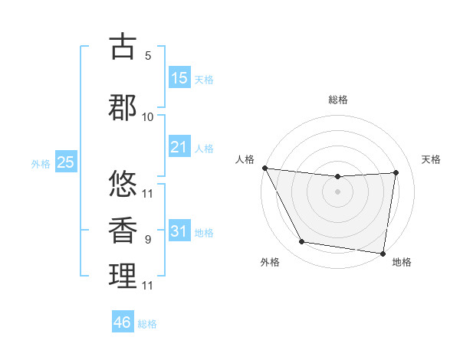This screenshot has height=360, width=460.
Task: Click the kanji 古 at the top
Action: [123, 47]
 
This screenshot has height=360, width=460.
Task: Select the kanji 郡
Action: [123, 106]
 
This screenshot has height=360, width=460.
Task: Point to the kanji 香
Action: [123, 230]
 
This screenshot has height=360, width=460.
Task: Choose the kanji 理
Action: [123, 276]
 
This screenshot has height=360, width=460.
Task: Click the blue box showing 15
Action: [179, 78]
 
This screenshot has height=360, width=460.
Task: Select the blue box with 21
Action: [179, 146]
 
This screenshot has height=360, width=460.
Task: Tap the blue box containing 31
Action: [179, 231]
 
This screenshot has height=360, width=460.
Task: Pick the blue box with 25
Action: [66, 162]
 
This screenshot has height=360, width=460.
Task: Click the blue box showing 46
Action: [123, 322]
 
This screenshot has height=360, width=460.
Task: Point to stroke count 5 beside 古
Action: [148, 56]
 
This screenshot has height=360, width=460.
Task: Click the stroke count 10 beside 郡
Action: [148, 116]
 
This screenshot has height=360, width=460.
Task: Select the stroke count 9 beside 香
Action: [148, 240]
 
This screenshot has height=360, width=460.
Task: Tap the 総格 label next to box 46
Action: [147, 324]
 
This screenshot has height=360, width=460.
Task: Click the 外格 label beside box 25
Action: [41, 164]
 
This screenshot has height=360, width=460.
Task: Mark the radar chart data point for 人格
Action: [264, 168]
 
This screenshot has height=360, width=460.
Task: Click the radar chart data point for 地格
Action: [383, 253]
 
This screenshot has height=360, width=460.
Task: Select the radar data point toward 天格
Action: [396, 172]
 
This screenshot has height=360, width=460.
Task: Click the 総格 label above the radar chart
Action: [337, 100]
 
